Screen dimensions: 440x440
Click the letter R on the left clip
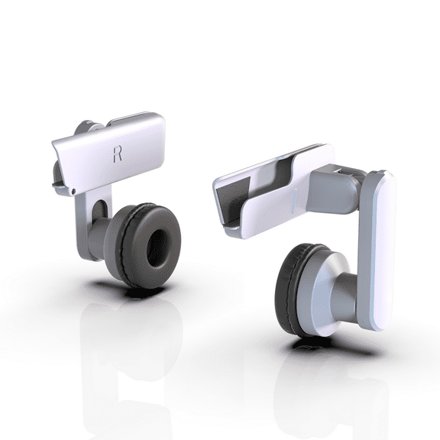point(117,154)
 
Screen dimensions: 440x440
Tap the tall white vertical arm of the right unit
point(379,252)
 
